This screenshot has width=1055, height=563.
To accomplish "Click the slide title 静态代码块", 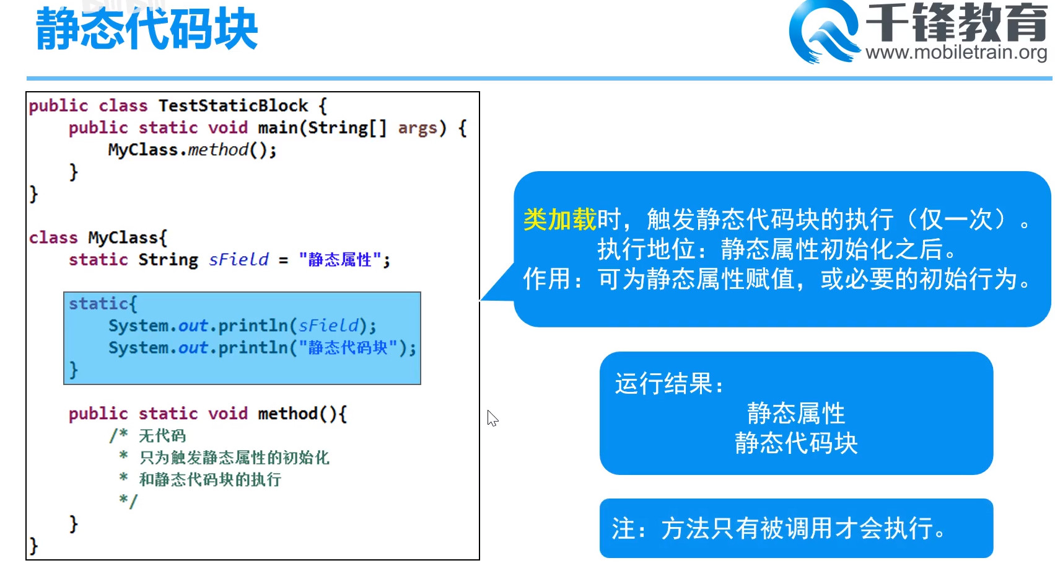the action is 147,29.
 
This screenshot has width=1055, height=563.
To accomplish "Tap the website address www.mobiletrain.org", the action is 956,52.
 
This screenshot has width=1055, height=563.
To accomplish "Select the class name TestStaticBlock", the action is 233,105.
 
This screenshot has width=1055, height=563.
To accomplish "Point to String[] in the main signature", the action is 347,128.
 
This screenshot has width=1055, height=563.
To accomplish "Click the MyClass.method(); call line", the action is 192,150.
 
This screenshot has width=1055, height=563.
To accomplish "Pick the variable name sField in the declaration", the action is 239,259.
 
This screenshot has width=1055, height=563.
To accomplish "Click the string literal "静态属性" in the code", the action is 339,259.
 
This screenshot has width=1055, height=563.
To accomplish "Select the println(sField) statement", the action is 242,326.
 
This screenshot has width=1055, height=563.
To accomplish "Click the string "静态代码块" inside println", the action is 348,347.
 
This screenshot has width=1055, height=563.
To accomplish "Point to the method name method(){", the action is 302,413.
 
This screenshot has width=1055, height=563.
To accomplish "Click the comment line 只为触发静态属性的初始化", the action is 234,458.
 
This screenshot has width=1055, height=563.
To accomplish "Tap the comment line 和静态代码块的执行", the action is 210,479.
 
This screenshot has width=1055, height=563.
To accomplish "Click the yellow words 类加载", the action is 559,219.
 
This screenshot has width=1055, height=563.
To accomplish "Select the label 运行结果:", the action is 669,384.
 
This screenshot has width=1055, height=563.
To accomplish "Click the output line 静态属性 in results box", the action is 795,413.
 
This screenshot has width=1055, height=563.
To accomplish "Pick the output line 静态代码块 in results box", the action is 795,443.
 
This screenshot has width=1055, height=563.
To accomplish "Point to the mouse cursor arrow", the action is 492,418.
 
